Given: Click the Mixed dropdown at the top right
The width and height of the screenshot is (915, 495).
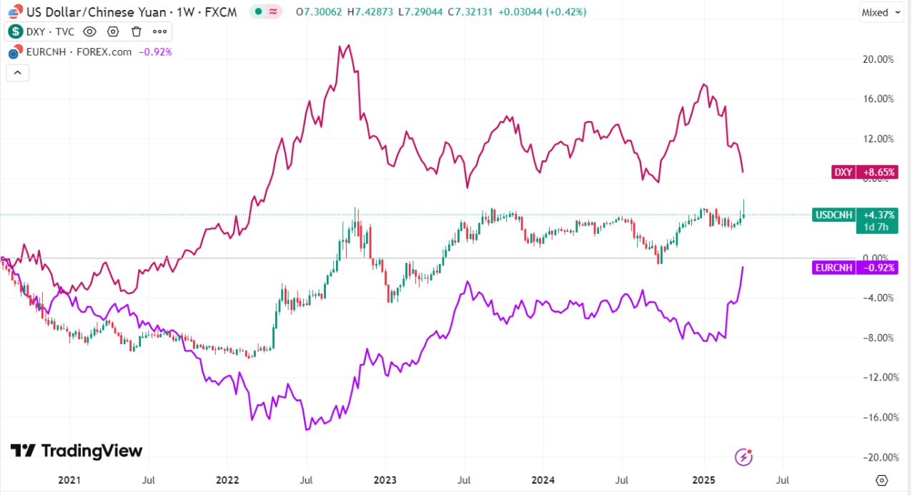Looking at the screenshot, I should pos(881,12).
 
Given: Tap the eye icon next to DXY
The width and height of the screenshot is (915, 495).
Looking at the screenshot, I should pos(89,31).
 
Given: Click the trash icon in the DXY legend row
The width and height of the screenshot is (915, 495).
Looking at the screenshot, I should pos(137,31).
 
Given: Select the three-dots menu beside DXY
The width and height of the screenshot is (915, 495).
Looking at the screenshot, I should pos(159,31).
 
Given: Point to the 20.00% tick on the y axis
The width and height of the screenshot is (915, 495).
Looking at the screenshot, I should pos(879,59).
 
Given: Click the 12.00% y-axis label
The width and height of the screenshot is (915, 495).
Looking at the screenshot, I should pos(879,139).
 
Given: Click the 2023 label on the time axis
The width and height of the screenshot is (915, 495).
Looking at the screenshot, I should pos(385,480).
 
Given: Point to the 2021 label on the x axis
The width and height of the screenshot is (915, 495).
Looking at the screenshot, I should pos(69,480).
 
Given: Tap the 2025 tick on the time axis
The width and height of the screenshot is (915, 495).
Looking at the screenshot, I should pos(704,480).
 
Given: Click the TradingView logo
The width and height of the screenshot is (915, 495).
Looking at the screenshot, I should pos(76,451).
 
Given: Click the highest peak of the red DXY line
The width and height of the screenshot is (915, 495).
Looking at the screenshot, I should pos(347,46).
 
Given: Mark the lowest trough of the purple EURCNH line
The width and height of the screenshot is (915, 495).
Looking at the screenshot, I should pos(307,429).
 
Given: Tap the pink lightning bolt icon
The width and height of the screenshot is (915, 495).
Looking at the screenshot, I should pos(744,456).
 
